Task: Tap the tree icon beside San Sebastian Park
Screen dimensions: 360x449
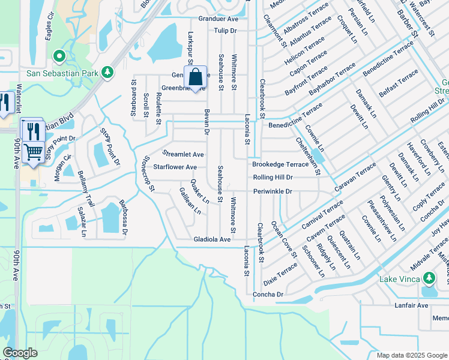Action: [x=107, y=72]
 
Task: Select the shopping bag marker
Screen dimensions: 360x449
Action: [x=195, y=77]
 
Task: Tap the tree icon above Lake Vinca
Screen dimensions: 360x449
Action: [x=429, y=278]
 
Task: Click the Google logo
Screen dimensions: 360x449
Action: [x=20, y=353]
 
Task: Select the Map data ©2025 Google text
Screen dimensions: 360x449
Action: [x=412, y=355]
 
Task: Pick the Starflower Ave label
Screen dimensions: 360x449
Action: [x=175, y=167]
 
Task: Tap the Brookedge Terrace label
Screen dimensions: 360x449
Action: [x=280, y=164]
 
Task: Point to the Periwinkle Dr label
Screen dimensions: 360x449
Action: [x=272, y=191]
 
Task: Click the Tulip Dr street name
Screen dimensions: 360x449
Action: [x=226, y=30]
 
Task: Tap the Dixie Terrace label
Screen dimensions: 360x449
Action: [x=279, y=272]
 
